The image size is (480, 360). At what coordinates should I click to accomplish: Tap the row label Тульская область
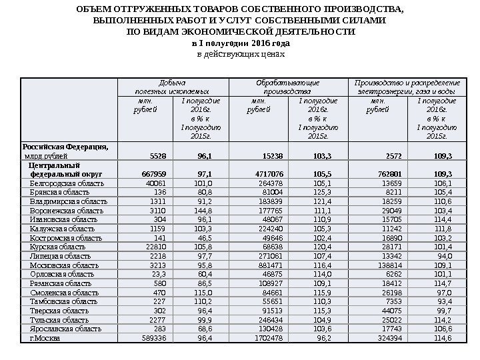click(x=59, y=319)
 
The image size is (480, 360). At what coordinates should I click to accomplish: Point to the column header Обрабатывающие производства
click(x=287, y=86)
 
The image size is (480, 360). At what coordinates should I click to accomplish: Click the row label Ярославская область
click(x=63, y=329)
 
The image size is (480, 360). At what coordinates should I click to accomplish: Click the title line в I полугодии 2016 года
click(x=241, y=42)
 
